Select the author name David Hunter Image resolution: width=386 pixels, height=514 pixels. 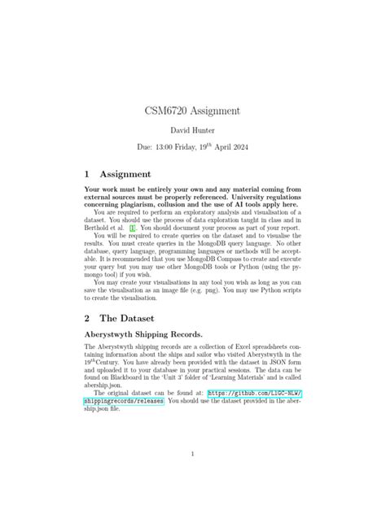[x=193, y=133]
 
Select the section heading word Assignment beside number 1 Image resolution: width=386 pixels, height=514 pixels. [x=125, y=174]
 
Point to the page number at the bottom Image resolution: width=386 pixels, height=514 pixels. [x=192, y=454]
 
